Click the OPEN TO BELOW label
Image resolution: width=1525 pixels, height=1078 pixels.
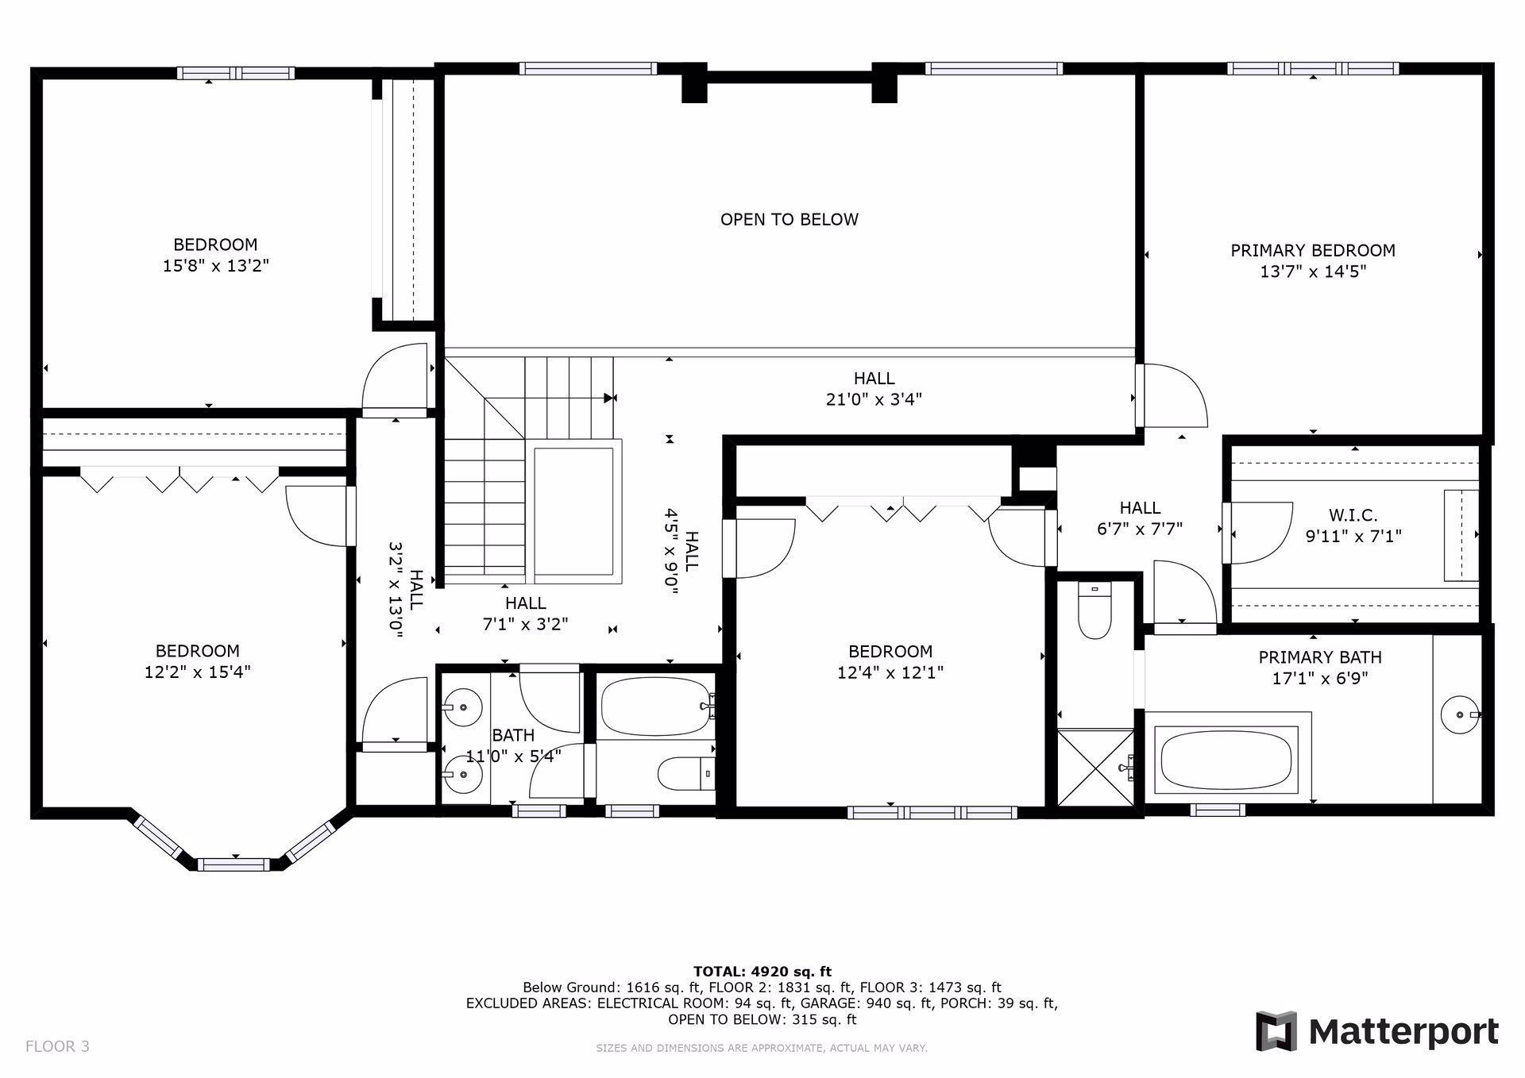click(x=789, y=219)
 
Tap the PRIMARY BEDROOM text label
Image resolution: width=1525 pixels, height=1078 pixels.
click(x=1312, y=250)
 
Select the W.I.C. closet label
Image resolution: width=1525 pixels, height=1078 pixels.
click(x=1353, y=516)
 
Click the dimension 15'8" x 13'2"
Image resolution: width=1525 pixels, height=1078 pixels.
click(x=216, y=266)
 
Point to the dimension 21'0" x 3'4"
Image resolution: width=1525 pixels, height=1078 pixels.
click(x=874, y=399)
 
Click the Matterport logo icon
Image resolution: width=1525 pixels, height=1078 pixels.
click(x=1276, y=1031)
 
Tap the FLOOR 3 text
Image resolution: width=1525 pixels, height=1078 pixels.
click(x=57, y=1046)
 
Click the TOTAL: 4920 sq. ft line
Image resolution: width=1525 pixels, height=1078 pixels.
click(x=762, y=971)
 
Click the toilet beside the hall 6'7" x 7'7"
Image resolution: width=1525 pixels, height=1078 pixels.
click(x=1094, y=612)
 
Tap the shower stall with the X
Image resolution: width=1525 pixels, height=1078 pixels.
click(x=1095, y=767)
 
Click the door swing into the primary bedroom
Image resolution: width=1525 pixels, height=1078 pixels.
click(x=1176, y=395)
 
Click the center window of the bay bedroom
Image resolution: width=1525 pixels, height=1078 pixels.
click(x=234, y=864)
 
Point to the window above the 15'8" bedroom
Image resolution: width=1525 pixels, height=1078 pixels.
click(x=235, y=73)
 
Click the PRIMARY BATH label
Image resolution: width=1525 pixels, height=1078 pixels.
click(x=1319, y=657)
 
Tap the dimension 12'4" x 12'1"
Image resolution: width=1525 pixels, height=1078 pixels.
click(x=890, y=673)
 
